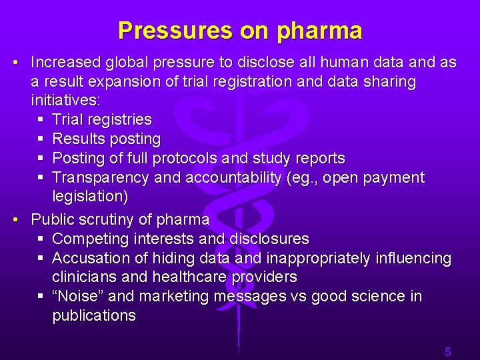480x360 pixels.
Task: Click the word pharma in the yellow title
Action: pos(319,31)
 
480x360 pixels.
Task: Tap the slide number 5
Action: pos(448,351)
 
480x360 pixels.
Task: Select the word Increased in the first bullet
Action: pos(65,63)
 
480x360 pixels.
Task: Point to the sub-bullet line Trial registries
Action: pos(101,120)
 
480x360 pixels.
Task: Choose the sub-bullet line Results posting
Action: pos(106,139)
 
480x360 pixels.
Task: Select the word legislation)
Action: pos(91,197)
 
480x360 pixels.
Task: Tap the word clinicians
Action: pos(82,277)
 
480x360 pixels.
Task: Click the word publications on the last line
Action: pos(94,315)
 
